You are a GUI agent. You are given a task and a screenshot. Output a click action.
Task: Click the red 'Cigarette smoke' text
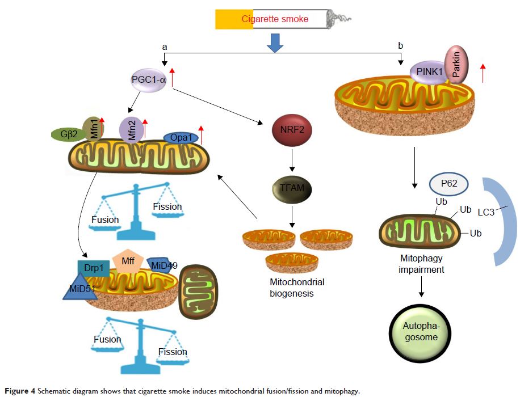pyautogui.click(x=275, y=19)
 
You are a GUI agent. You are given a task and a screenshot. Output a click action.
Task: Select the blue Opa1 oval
pyautogui.click(x=180, y=138)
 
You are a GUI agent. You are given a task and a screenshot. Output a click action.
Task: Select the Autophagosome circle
pyautogui.click(x=421, y=330)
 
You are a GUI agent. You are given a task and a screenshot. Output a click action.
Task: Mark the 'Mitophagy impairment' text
pyautogui.click(x=421, y=264)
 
